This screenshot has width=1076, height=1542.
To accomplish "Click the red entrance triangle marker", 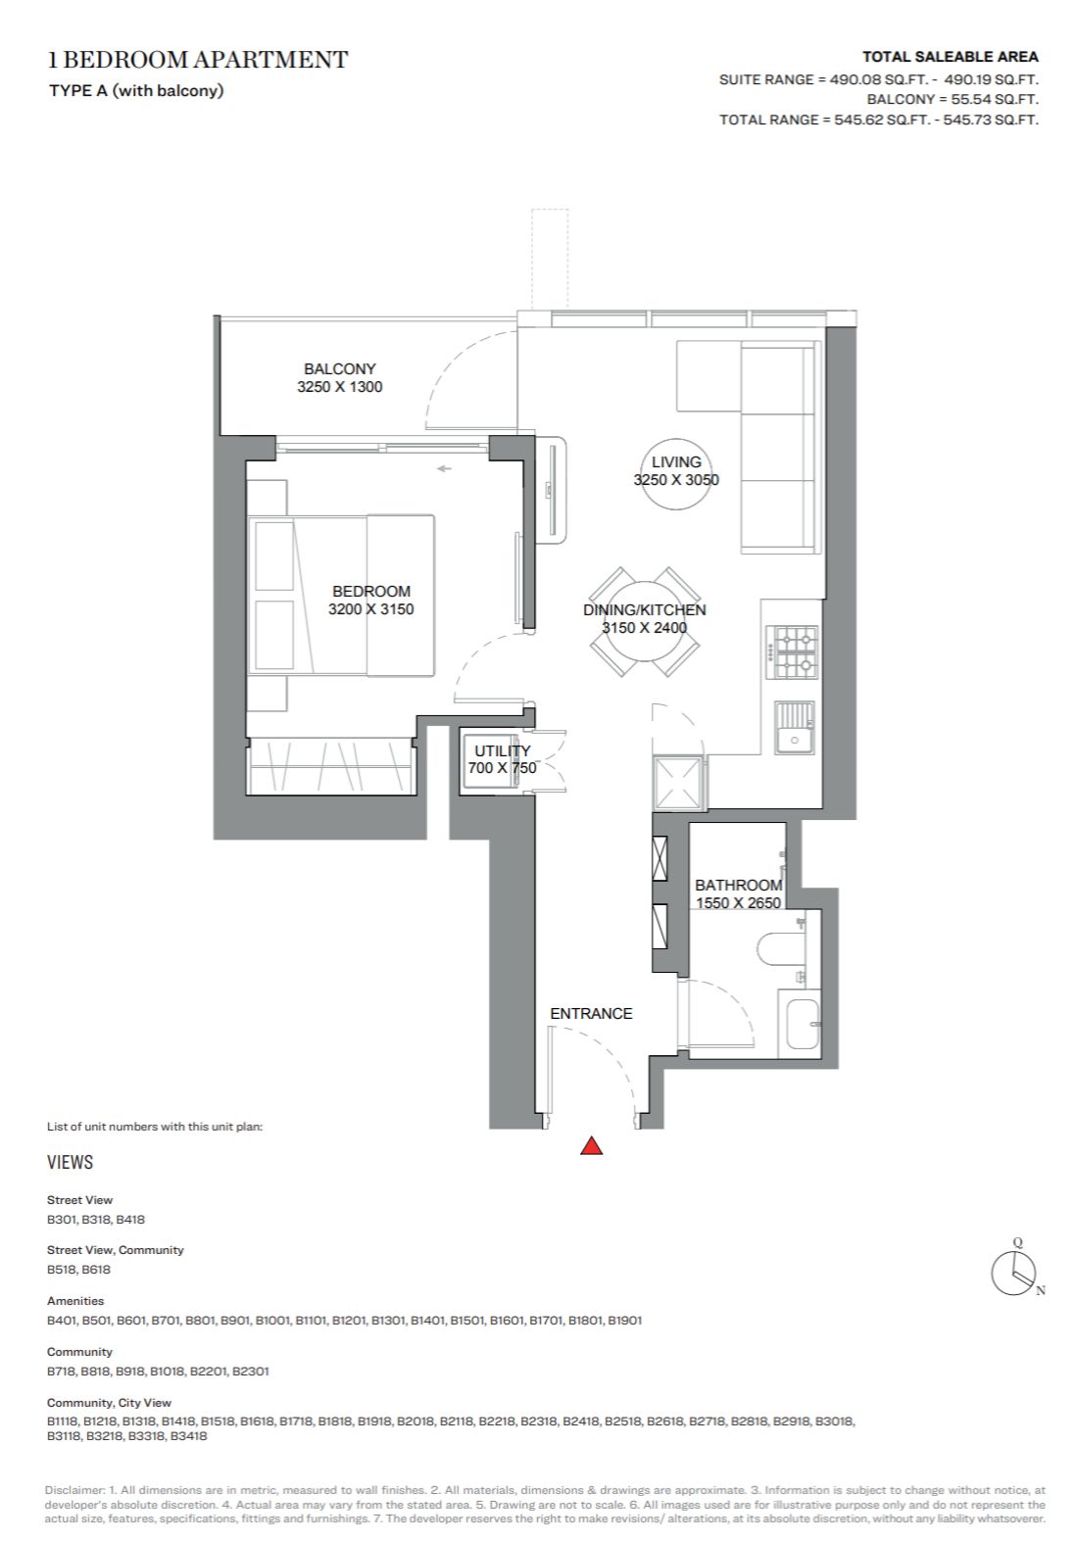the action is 591,1145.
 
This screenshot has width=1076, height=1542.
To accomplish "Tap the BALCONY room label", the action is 340,369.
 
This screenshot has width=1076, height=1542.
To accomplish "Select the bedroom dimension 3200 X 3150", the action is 371,609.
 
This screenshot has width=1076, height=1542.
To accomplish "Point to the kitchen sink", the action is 795,727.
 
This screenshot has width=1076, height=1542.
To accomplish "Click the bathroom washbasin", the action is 802,1024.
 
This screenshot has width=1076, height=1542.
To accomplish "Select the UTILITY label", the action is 503,751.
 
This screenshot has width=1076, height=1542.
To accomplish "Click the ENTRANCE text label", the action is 591,1013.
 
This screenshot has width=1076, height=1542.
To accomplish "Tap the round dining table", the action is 645,622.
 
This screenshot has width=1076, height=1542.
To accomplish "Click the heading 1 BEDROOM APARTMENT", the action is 198,60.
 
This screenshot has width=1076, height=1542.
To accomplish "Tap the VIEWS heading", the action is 71,1162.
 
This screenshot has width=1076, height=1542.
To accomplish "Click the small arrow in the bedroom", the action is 444,469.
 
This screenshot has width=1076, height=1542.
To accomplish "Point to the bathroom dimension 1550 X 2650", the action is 739,903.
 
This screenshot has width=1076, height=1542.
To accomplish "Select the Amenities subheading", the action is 75,1301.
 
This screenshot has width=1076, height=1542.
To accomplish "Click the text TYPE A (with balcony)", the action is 136,91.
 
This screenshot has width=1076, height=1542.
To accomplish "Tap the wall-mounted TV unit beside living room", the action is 553,490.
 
